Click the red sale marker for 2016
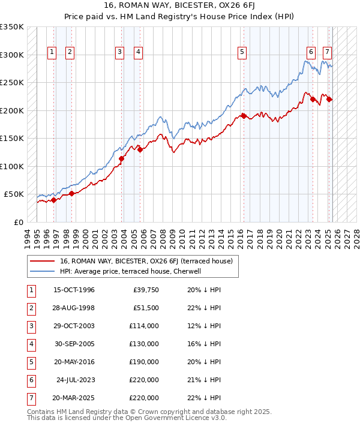pyautogui.click(x=244, y=116)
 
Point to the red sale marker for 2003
pyautogui.click(x=121, y=158)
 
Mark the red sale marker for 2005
pyautogui.click(x=140, y=149)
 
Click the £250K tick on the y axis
pyautogui.click(x=12, y=83)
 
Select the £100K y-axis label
pyautogui.click(x=12, y=166)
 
